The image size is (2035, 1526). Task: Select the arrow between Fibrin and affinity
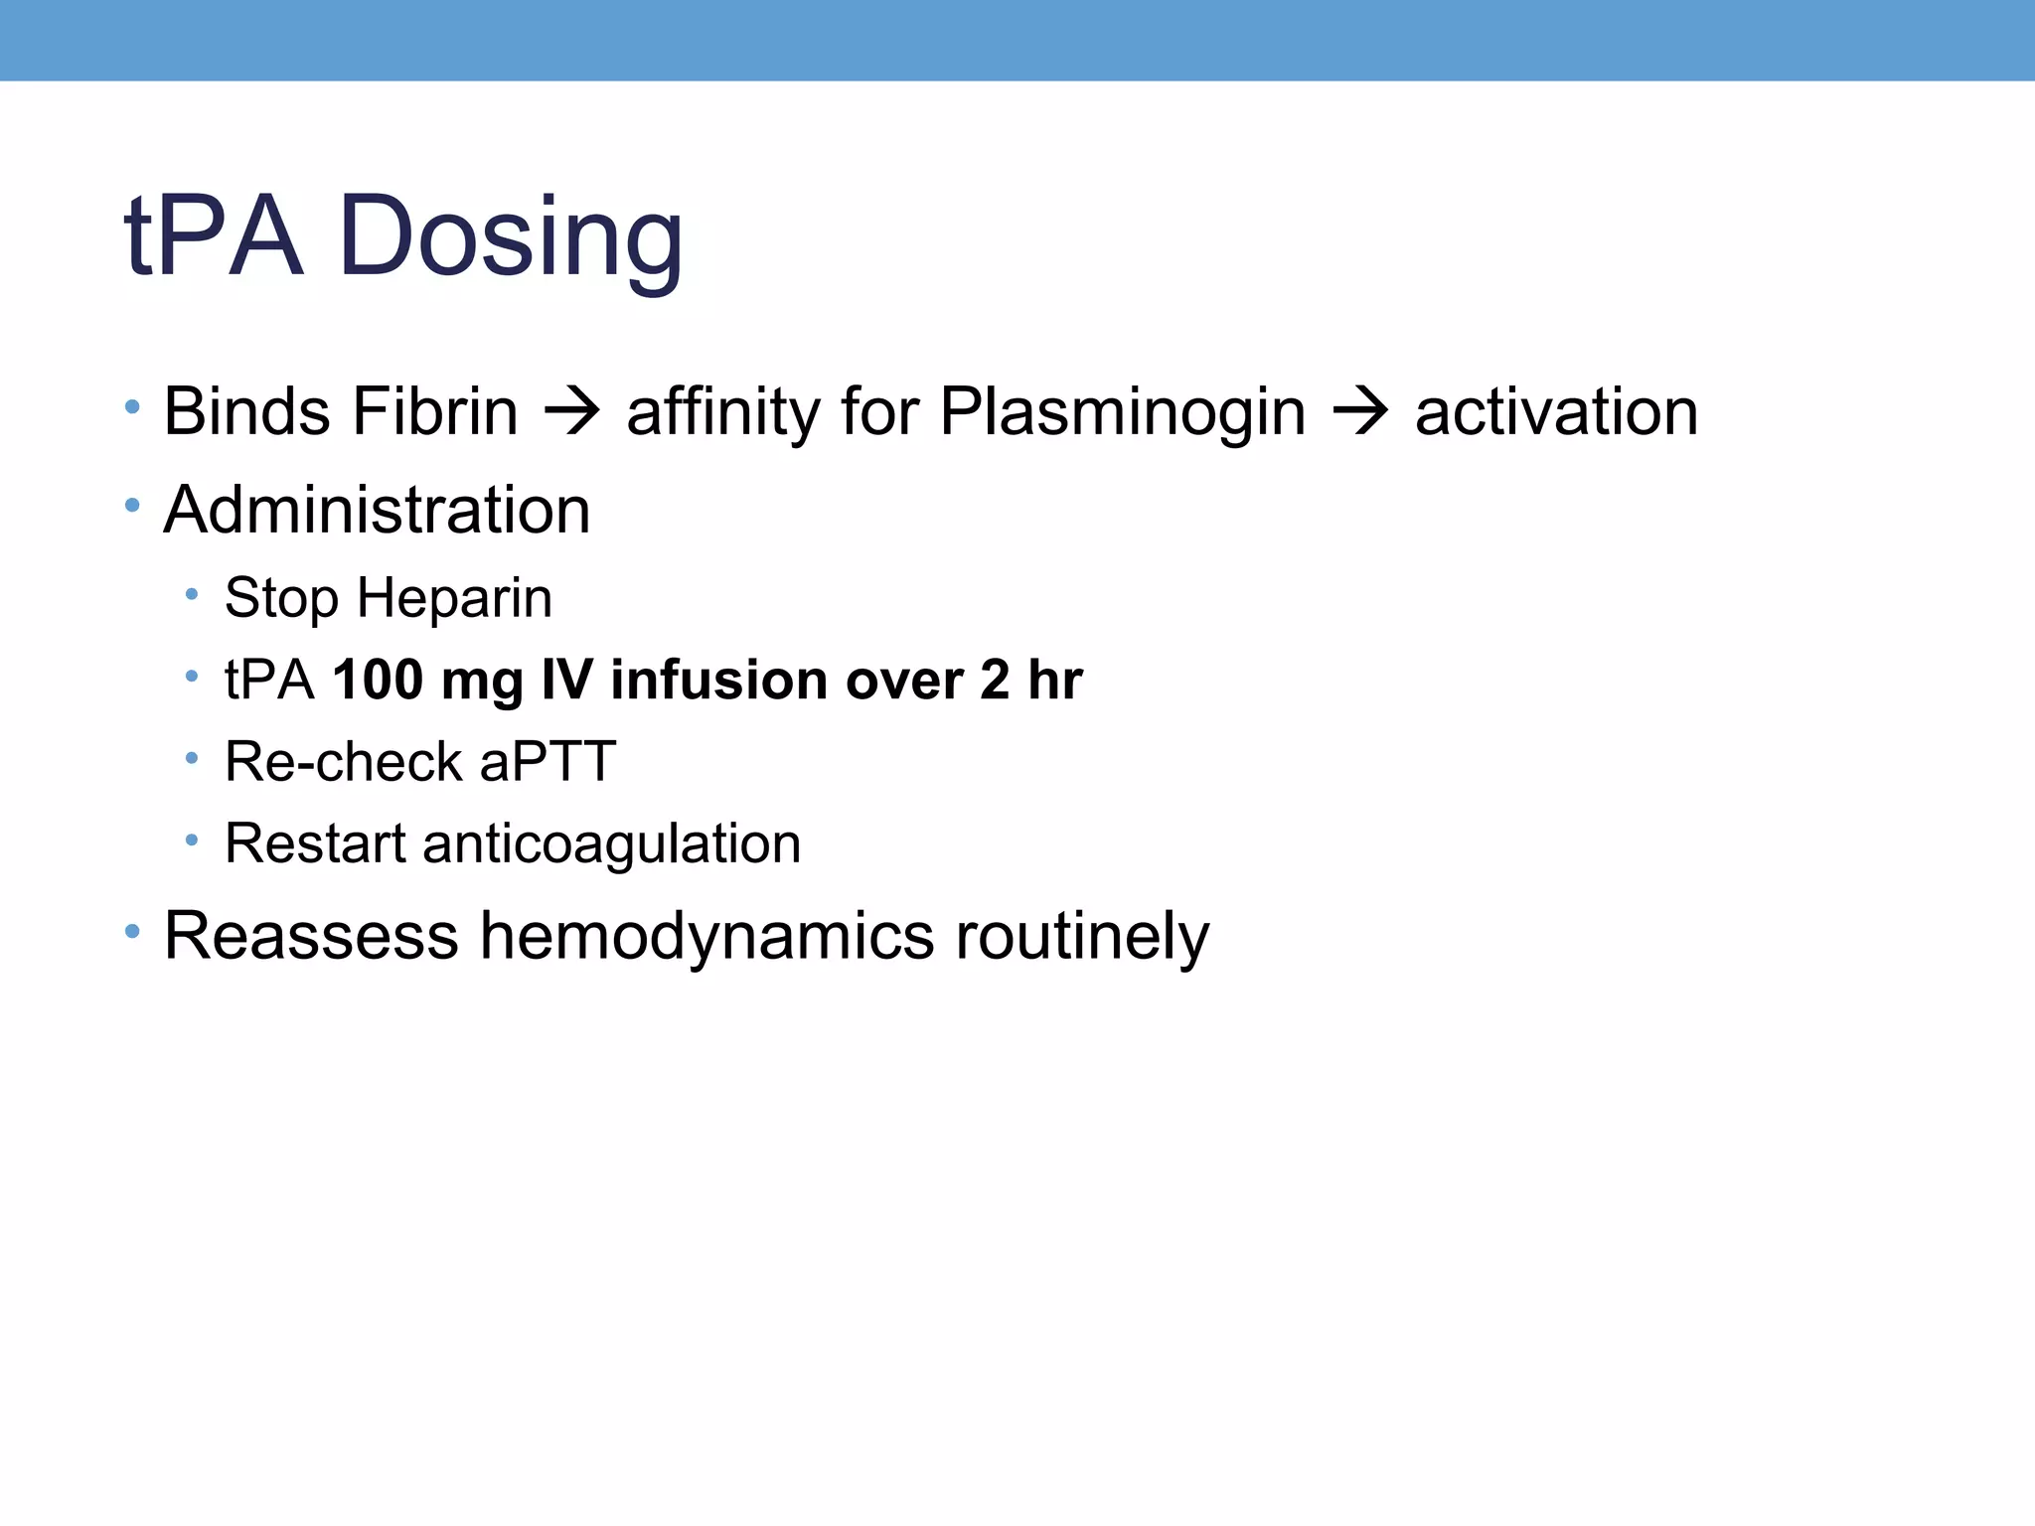[x=572, y=411]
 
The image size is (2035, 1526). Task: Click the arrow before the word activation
[x=1359, y=411]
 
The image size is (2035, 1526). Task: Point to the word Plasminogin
[x=1122, y=413]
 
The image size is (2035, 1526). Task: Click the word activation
[x=1556, y=411]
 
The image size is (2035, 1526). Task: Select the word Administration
[x=377, y=510]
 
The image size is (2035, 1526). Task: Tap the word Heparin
[x=454, y=598]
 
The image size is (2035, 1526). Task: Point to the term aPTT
[x=548, y=762]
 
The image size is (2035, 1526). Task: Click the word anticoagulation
[x=611, y=844]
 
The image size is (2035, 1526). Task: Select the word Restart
[x=315, y=843]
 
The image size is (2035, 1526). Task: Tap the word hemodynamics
[x=706, y=936]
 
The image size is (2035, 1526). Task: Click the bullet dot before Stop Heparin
[x=192, y=594]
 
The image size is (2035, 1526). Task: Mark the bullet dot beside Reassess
[x=132, y=931]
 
